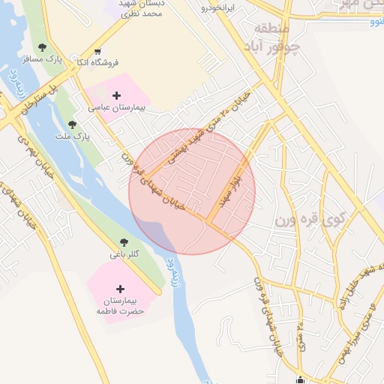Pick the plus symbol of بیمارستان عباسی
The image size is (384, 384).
[116, 95]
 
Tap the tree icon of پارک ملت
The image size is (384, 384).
[72, 124]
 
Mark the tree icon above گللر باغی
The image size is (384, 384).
[124, 241]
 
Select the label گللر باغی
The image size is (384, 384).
[124, 253]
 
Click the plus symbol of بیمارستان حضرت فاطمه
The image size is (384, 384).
[120, 289]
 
